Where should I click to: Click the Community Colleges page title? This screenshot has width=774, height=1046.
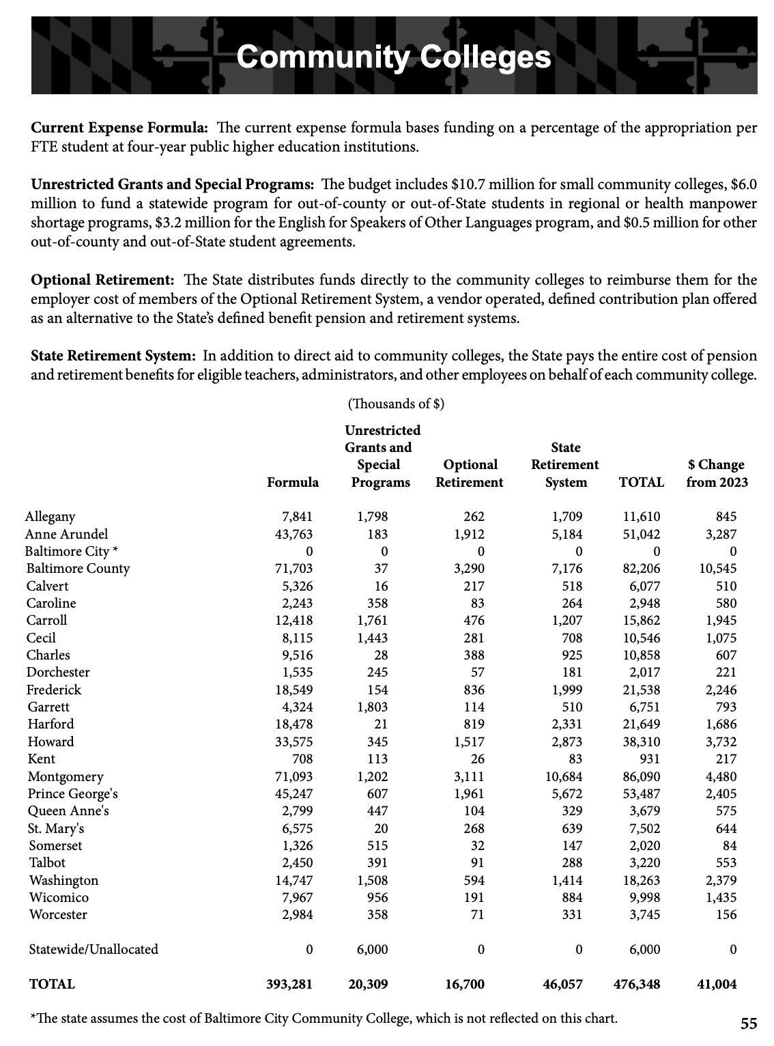[394, 57]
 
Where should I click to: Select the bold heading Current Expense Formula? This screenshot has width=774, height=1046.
[119, 128]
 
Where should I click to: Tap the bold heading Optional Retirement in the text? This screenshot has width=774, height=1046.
[103, 281]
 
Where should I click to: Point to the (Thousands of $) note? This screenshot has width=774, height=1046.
[396, 404]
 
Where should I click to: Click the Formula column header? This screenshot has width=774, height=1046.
[293, 483]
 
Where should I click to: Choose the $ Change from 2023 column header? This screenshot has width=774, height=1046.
[716, 474]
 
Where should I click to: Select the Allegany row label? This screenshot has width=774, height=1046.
[51, 517]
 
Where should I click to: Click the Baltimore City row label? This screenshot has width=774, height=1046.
[72, 551]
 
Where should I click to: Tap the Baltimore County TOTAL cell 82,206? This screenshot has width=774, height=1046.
[642, 569]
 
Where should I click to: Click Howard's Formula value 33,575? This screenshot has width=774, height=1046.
[293, 742]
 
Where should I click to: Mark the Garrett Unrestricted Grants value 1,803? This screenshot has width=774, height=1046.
[372, 707]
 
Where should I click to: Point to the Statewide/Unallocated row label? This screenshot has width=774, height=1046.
[94, 950]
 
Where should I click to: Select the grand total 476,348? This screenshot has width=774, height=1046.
[637, 985]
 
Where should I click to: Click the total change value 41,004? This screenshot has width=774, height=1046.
[716, 985]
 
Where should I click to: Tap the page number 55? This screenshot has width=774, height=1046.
[749, 1023]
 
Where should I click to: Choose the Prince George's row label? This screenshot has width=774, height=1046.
[73, 794]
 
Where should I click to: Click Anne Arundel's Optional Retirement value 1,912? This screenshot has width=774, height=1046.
[469, 535]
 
